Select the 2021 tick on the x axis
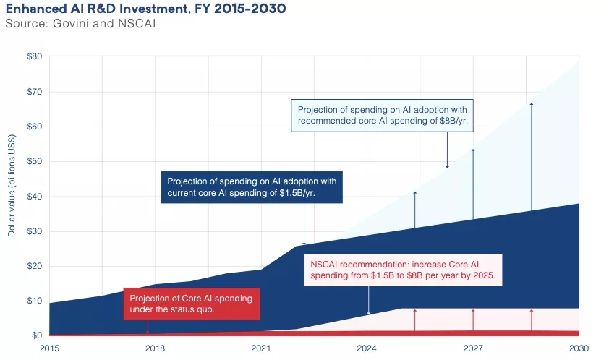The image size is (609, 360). pyautogui.click(x=260, y=348)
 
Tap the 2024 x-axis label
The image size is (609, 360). pyautogui.click(x=367, y=348)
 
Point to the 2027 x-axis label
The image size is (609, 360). pyautogui.click(x=473, y=348)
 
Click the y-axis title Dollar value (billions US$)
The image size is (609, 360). pyautogui.click(x=12, y=196)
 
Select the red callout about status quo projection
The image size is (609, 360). pyautogui.click(x=191, y=304)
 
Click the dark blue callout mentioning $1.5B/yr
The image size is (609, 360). pyautogui.click(x=252, y=187)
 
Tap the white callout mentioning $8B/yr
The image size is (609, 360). pyautogui.click(x=383, y=115)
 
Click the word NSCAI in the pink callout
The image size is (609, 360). pyautogui.click(x=326, y=265)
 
